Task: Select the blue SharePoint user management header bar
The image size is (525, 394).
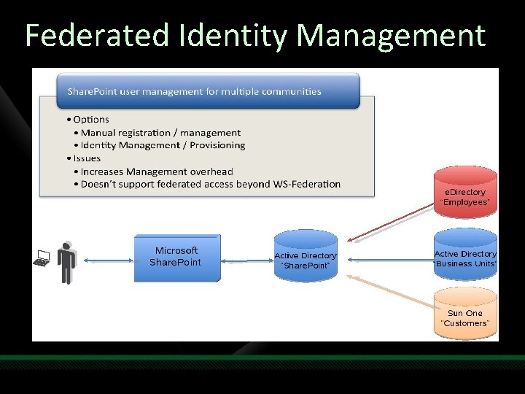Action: click(209, 91)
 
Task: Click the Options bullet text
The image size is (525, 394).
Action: click(90, 119)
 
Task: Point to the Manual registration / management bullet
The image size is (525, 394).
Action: click(160, 132)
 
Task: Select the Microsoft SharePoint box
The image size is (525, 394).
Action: click(176, 258)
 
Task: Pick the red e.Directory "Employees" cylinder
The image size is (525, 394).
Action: click(465, 193)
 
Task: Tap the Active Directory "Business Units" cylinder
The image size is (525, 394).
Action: click(465, 255)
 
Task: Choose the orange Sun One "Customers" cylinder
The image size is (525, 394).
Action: click(465, 315)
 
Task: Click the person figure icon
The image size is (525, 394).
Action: click(67, 261)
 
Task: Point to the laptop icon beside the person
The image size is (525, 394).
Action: click(42, 258)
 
